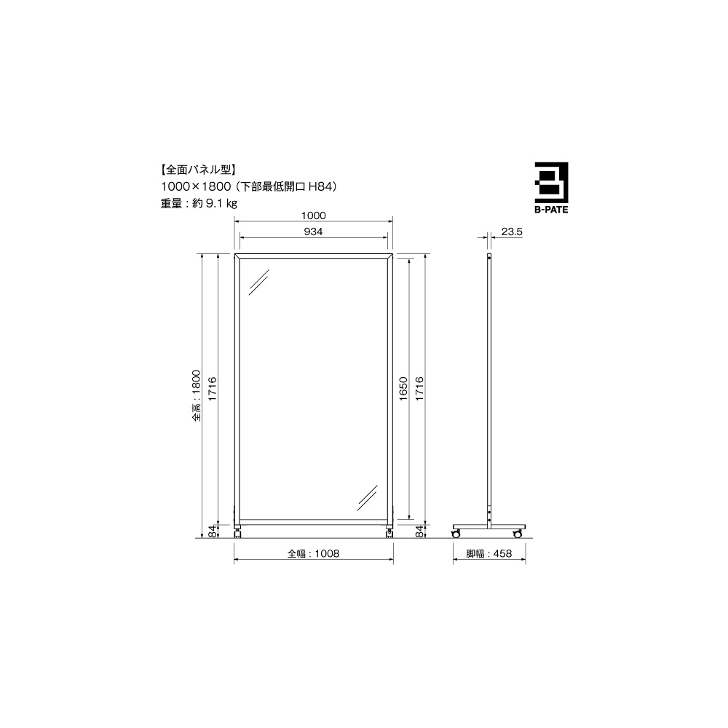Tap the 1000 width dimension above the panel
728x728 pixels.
(x=313, y=215)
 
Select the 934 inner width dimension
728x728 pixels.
(x=313, y=232)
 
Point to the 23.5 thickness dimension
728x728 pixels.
(x=512, y=232)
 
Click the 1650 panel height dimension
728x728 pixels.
(x=403, y=389)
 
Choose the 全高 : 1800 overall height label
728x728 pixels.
(x=197, y=395)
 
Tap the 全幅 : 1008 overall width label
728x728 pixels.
(x=313, y=553)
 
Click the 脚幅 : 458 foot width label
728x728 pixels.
(x=489, y=553)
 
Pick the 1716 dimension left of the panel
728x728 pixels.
(x=212, y=389)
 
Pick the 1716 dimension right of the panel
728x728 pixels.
(x=419, y=389)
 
